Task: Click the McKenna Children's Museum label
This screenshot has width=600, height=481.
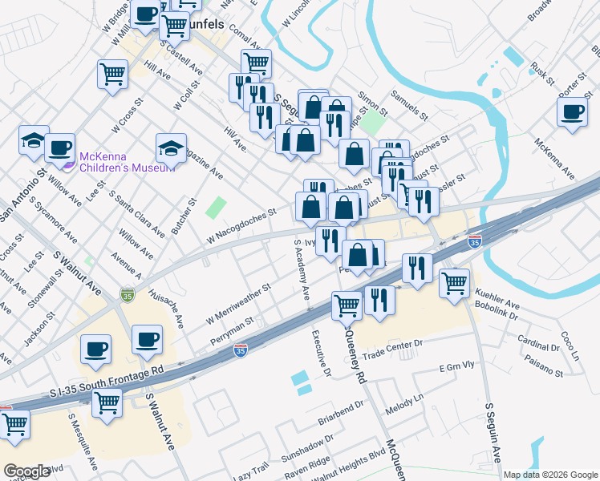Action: [126, 162]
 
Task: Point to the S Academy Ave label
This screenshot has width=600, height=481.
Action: [302, 270]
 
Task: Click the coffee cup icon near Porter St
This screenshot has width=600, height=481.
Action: [573, 112]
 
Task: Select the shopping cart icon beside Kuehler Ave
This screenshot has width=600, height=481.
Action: [455, 282]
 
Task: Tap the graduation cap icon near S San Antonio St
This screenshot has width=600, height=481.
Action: [34, 139]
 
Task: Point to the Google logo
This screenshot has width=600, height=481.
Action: [27, 471]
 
